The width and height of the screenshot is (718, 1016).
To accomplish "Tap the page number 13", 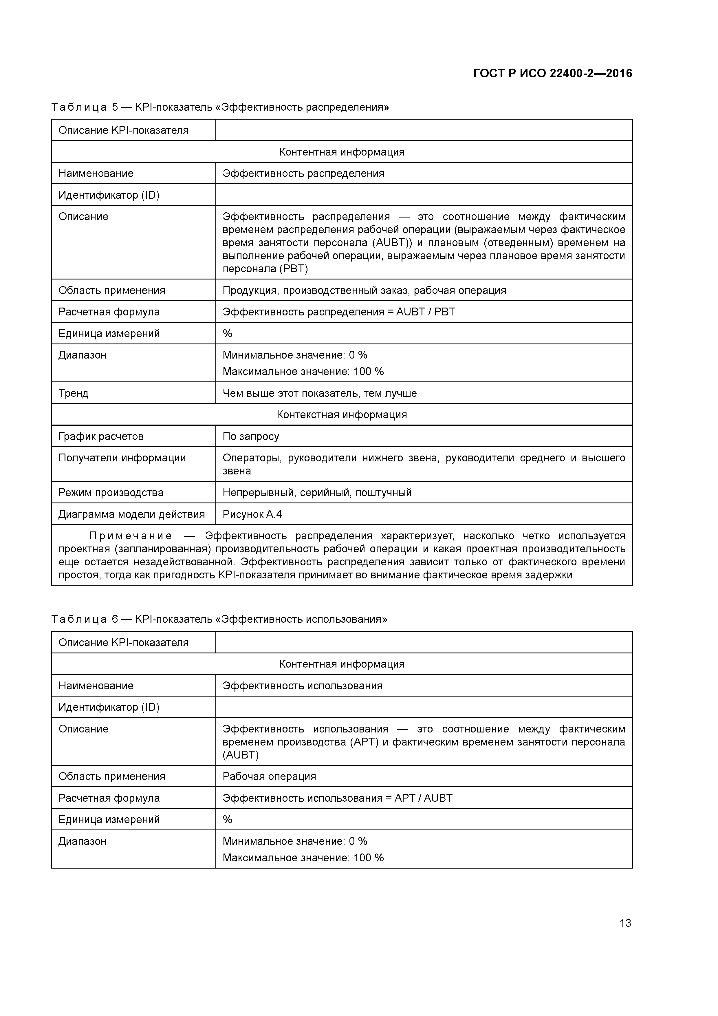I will click(x=625, y=923).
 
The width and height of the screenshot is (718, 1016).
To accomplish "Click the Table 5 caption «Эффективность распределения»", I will click(x=220, y=107).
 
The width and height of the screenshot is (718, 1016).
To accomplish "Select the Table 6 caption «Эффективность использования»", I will click(x=219, y=619).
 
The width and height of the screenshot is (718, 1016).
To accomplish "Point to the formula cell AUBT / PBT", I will click(x=338, y=312).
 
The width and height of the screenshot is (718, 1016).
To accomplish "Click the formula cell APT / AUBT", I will click(x=337, y=798).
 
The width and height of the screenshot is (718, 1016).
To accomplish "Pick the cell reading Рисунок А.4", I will click(x=252, y=514).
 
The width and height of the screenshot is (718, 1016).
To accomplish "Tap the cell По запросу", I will click(x=251, y=436).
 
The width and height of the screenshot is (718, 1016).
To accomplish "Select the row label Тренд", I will click(x=74, y=393).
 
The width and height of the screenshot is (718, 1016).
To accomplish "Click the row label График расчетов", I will click(x=101, y=436).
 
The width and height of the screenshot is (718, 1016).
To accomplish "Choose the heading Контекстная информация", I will click(x=342, y=415).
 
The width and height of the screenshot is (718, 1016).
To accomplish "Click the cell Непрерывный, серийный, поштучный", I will click(x=317, y=493).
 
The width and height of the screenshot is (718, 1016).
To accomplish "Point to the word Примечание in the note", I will click(x=131, y=536).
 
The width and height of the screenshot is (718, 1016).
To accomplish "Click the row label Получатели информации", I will click(x=122, y=458).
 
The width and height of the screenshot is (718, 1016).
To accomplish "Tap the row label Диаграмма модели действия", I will click(x=131, y=514).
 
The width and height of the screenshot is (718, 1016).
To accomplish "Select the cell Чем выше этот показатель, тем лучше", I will click(x=319, y=393).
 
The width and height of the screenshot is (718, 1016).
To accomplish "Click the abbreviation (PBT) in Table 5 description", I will click(x=293, y=268).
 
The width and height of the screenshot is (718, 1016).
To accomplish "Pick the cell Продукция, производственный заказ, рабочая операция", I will click(x=364, y=290).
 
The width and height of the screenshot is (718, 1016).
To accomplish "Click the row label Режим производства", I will click(x=111, y=493).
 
